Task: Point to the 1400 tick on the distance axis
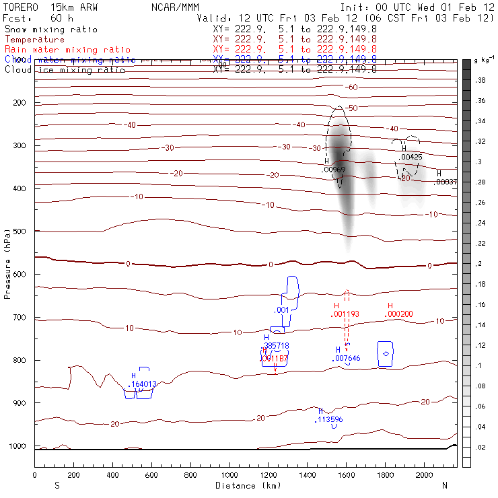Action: coord(308,476)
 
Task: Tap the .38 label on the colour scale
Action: coord(481,80)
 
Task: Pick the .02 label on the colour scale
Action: coord(481,447)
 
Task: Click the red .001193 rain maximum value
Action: coord(345,314)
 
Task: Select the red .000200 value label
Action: coord(398,314)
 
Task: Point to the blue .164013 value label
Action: coord(142,384)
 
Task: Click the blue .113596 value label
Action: coord(328,419)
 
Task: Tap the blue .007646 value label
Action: coord(347,359)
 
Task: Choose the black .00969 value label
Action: coord(334,170)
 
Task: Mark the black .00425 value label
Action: coord(411,157)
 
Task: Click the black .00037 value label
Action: coord(446,182)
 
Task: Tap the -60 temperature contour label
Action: coord(351,87)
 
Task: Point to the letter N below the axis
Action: coord(444,485)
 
